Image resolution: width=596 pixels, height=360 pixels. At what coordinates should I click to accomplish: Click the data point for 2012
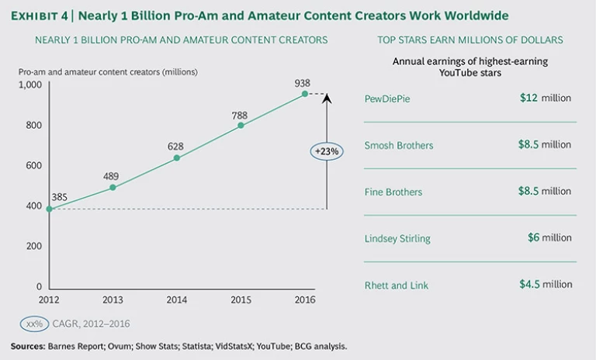point(49,209)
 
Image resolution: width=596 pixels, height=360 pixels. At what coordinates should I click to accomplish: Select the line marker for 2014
point(177,158)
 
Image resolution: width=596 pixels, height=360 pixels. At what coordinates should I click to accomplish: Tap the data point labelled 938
point(305,94)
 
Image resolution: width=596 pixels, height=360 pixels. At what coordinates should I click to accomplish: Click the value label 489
point(112,175)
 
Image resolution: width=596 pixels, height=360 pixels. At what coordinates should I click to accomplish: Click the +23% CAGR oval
point(327,151)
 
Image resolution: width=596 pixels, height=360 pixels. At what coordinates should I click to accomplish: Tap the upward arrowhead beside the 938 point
point(327,97)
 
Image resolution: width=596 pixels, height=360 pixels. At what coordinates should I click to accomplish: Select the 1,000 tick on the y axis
point(31,85)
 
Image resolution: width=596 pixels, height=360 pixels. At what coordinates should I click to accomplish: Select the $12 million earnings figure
point(545,99)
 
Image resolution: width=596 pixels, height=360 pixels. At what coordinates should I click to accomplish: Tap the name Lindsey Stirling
point(397,238)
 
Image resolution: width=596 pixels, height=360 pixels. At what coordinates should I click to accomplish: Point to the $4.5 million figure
point(545,285)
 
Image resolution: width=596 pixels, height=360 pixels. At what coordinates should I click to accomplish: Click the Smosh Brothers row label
point(399,145)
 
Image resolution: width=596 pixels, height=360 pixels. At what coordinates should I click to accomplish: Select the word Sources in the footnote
point(29,347)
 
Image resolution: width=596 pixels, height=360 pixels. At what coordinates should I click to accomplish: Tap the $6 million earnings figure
point(549,238)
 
